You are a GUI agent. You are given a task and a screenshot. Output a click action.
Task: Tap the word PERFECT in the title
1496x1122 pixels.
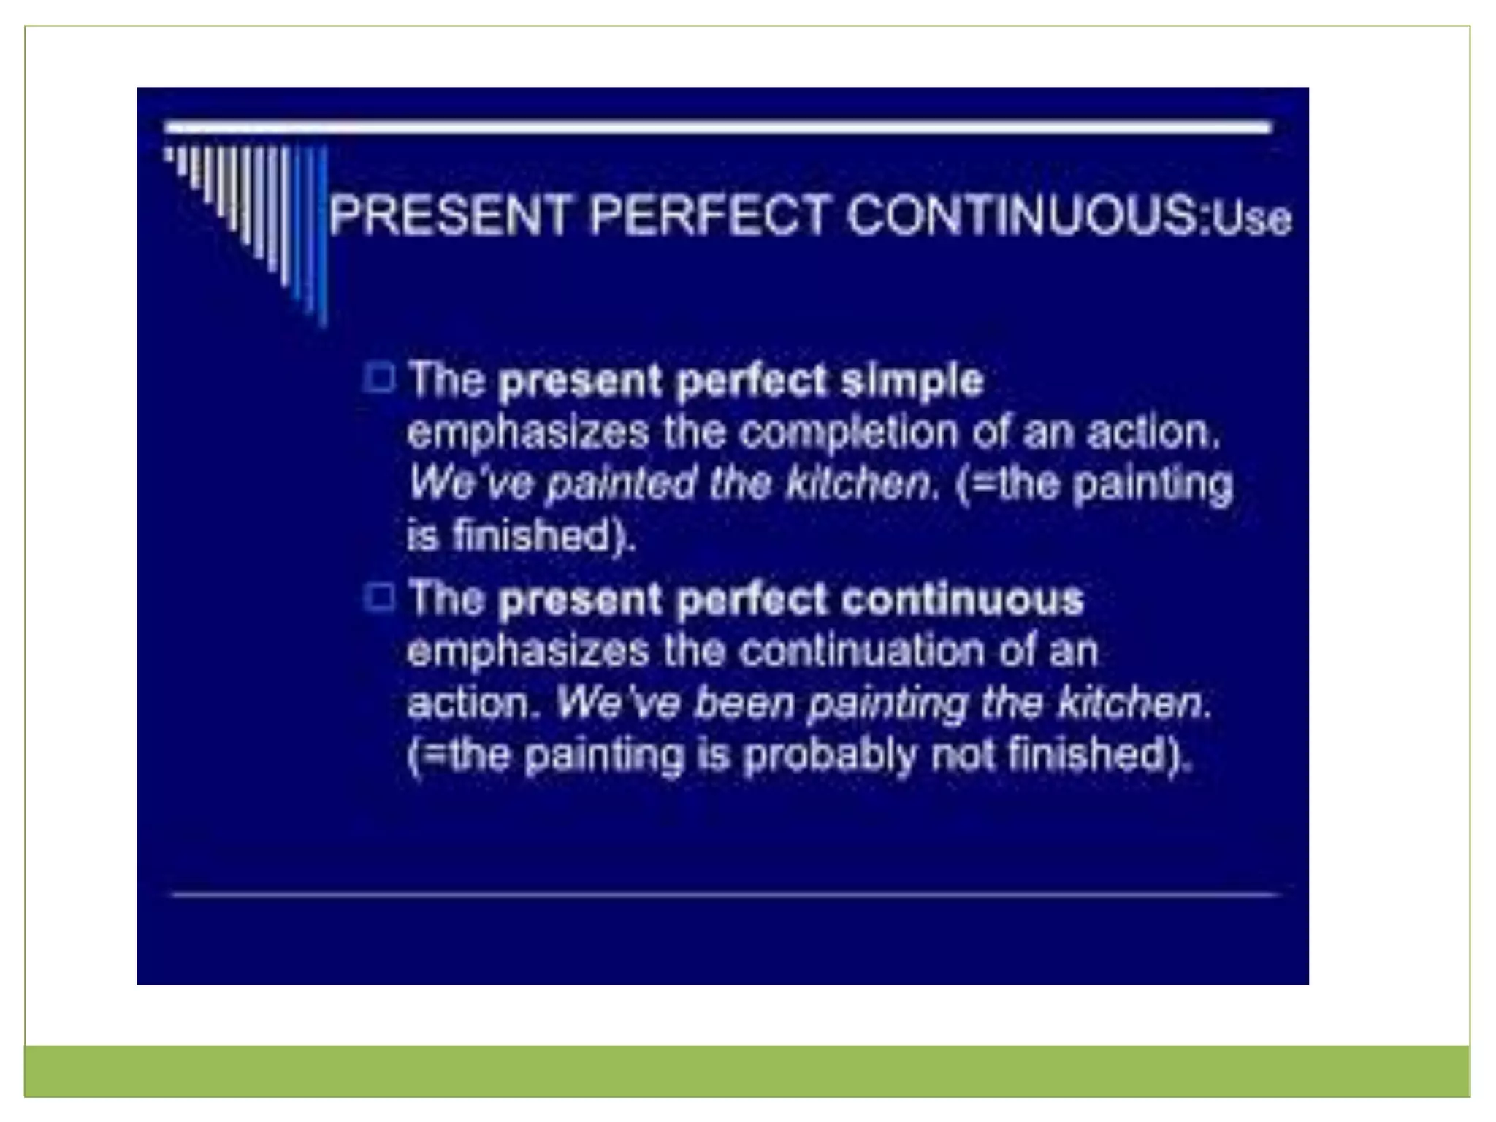pyautogui.click(x=709, y=215)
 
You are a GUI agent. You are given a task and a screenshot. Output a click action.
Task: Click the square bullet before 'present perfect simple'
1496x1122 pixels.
pyautogui.click(x=379, y=378)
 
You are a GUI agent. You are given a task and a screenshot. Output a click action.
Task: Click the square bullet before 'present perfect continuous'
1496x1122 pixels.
pyautogui.click(x=379, y=598)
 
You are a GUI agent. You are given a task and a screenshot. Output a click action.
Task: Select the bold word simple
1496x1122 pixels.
pyautogui.click(x=912, y=380)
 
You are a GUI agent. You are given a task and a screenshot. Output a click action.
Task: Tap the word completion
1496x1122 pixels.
pyautogui.click(x=847, y=432)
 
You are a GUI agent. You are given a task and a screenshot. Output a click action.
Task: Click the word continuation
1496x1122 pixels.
pyautogui.click(x=863, y=650)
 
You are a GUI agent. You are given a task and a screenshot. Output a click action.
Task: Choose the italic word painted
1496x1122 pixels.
pyautogui.click(x=621, y=484)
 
